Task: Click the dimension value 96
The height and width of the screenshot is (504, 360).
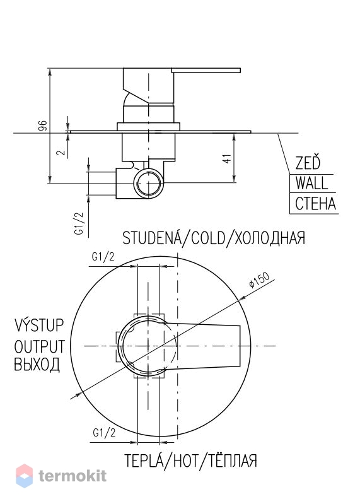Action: click(43, 126)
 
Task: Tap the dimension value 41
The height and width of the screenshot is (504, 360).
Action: click(227, 159)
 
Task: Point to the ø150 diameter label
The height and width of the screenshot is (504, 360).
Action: click(259, 280)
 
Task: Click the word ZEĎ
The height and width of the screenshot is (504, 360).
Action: click(308, 162)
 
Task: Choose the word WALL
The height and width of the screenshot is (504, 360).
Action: click(311, 183)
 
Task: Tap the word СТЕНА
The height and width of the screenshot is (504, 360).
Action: click(315, 204)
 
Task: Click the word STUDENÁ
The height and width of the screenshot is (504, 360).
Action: click(151, 238)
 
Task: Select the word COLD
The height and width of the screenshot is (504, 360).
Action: click(208, 238)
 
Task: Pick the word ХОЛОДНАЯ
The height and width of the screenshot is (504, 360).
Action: click(270, 238)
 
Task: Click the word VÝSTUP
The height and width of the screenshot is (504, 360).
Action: click(39, 325)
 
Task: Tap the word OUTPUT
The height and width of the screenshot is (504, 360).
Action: click(40, 346)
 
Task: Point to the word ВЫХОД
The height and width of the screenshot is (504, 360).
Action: click(37, 365)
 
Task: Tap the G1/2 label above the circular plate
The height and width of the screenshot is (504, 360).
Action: click(103, 257)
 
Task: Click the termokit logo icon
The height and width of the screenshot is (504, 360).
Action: click(25, 476)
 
